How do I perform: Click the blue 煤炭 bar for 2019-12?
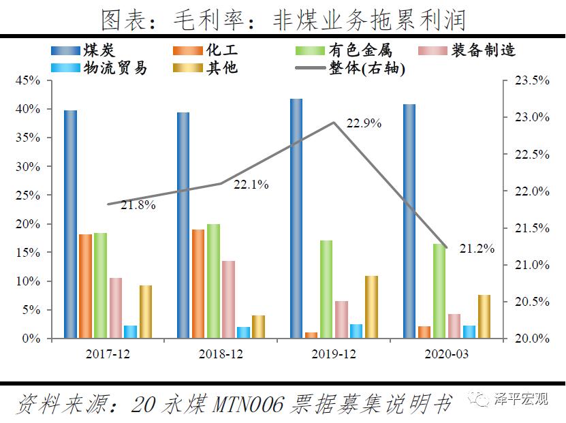click(296, 218)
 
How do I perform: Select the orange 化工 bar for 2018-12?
click(198, 283)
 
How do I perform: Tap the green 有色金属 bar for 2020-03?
click(439, 291)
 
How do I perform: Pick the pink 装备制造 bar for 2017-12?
click(115, 308)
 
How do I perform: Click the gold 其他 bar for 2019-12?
click(371, 307)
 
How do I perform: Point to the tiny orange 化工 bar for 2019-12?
click(311, 335)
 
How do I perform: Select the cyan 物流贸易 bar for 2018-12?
click(243, 332)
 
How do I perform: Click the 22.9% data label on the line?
click(364, 124)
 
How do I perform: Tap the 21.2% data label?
click(476, 249)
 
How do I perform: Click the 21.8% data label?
click(139, 204)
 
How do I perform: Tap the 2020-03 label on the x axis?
click(446, 355)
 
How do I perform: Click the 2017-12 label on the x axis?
click(107, 355)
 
